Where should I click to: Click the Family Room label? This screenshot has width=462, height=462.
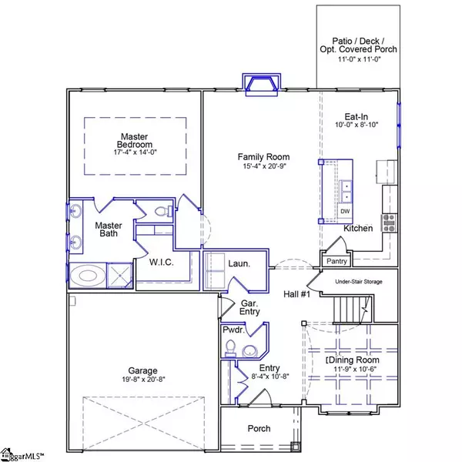pos(263,157)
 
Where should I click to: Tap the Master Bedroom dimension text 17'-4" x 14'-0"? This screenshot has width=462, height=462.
pos(136,152)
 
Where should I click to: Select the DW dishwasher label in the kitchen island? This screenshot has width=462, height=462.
pos(345,211)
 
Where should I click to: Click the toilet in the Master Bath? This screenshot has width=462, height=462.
pos(164,211)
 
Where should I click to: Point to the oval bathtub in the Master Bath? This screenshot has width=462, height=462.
pos(88,276)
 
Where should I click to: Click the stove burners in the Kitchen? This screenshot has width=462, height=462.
pos(389,223)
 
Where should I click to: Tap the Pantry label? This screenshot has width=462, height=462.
pos(336,261)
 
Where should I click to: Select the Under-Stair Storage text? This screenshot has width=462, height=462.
pos(359,282)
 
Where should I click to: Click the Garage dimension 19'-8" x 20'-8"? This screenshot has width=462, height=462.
pos(143,379)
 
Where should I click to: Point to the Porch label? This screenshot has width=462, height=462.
pos(259,428)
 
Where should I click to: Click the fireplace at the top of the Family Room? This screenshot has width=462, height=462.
pos(262,85)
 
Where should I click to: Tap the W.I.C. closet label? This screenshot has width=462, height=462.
pos(161,263)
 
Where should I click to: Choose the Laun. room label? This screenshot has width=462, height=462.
pos(239,263)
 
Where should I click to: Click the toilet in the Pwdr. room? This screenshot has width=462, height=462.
pos(230,348)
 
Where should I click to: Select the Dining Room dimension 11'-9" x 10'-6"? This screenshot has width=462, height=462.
pos(355,369)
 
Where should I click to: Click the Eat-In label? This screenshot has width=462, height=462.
pos(357,117)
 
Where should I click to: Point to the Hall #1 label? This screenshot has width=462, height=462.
pos(296,294)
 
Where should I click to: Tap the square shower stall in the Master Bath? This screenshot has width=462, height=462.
pos(119,276)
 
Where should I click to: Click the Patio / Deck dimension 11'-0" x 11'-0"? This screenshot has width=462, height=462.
pos(359,59)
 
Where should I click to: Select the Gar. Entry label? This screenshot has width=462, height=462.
pos(249,307)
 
